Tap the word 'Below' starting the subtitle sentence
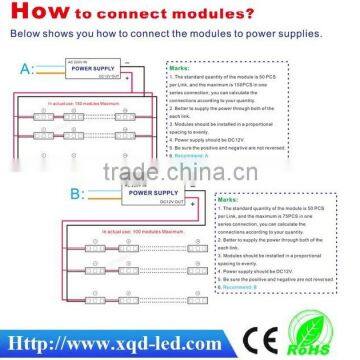pos(20,32)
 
